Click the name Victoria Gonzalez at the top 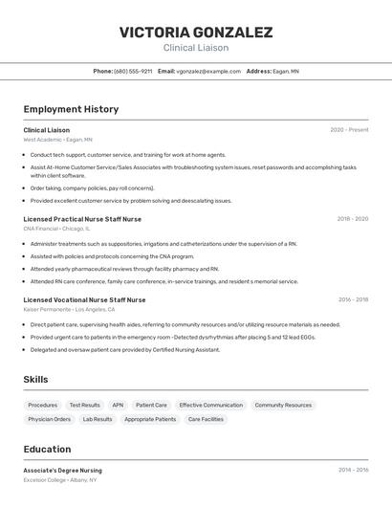click(196, 32)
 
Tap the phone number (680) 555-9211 click(133, 71)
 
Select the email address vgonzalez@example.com click(208, 71)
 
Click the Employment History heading click(71, 109)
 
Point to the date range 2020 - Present click(349, 130)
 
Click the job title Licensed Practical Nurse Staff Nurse click(82, 219)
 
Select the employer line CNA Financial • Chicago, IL click(56, 229)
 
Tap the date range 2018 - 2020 click(352, 219)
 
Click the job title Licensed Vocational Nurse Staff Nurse click(84, 300)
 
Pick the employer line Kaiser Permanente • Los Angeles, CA click(69, 310)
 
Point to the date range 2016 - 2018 click(352, 300)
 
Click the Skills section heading click(35, 380)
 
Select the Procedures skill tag click(42, 405)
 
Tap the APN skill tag click(118, 405)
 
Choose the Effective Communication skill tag click(210, 405)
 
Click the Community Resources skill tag click(283, 405)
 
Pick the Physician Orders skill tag click(49, 419)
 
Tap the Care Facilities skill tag click(206, 419)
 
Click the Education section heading click(47, 450)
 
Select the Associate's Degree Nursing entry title click(62, 471)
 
